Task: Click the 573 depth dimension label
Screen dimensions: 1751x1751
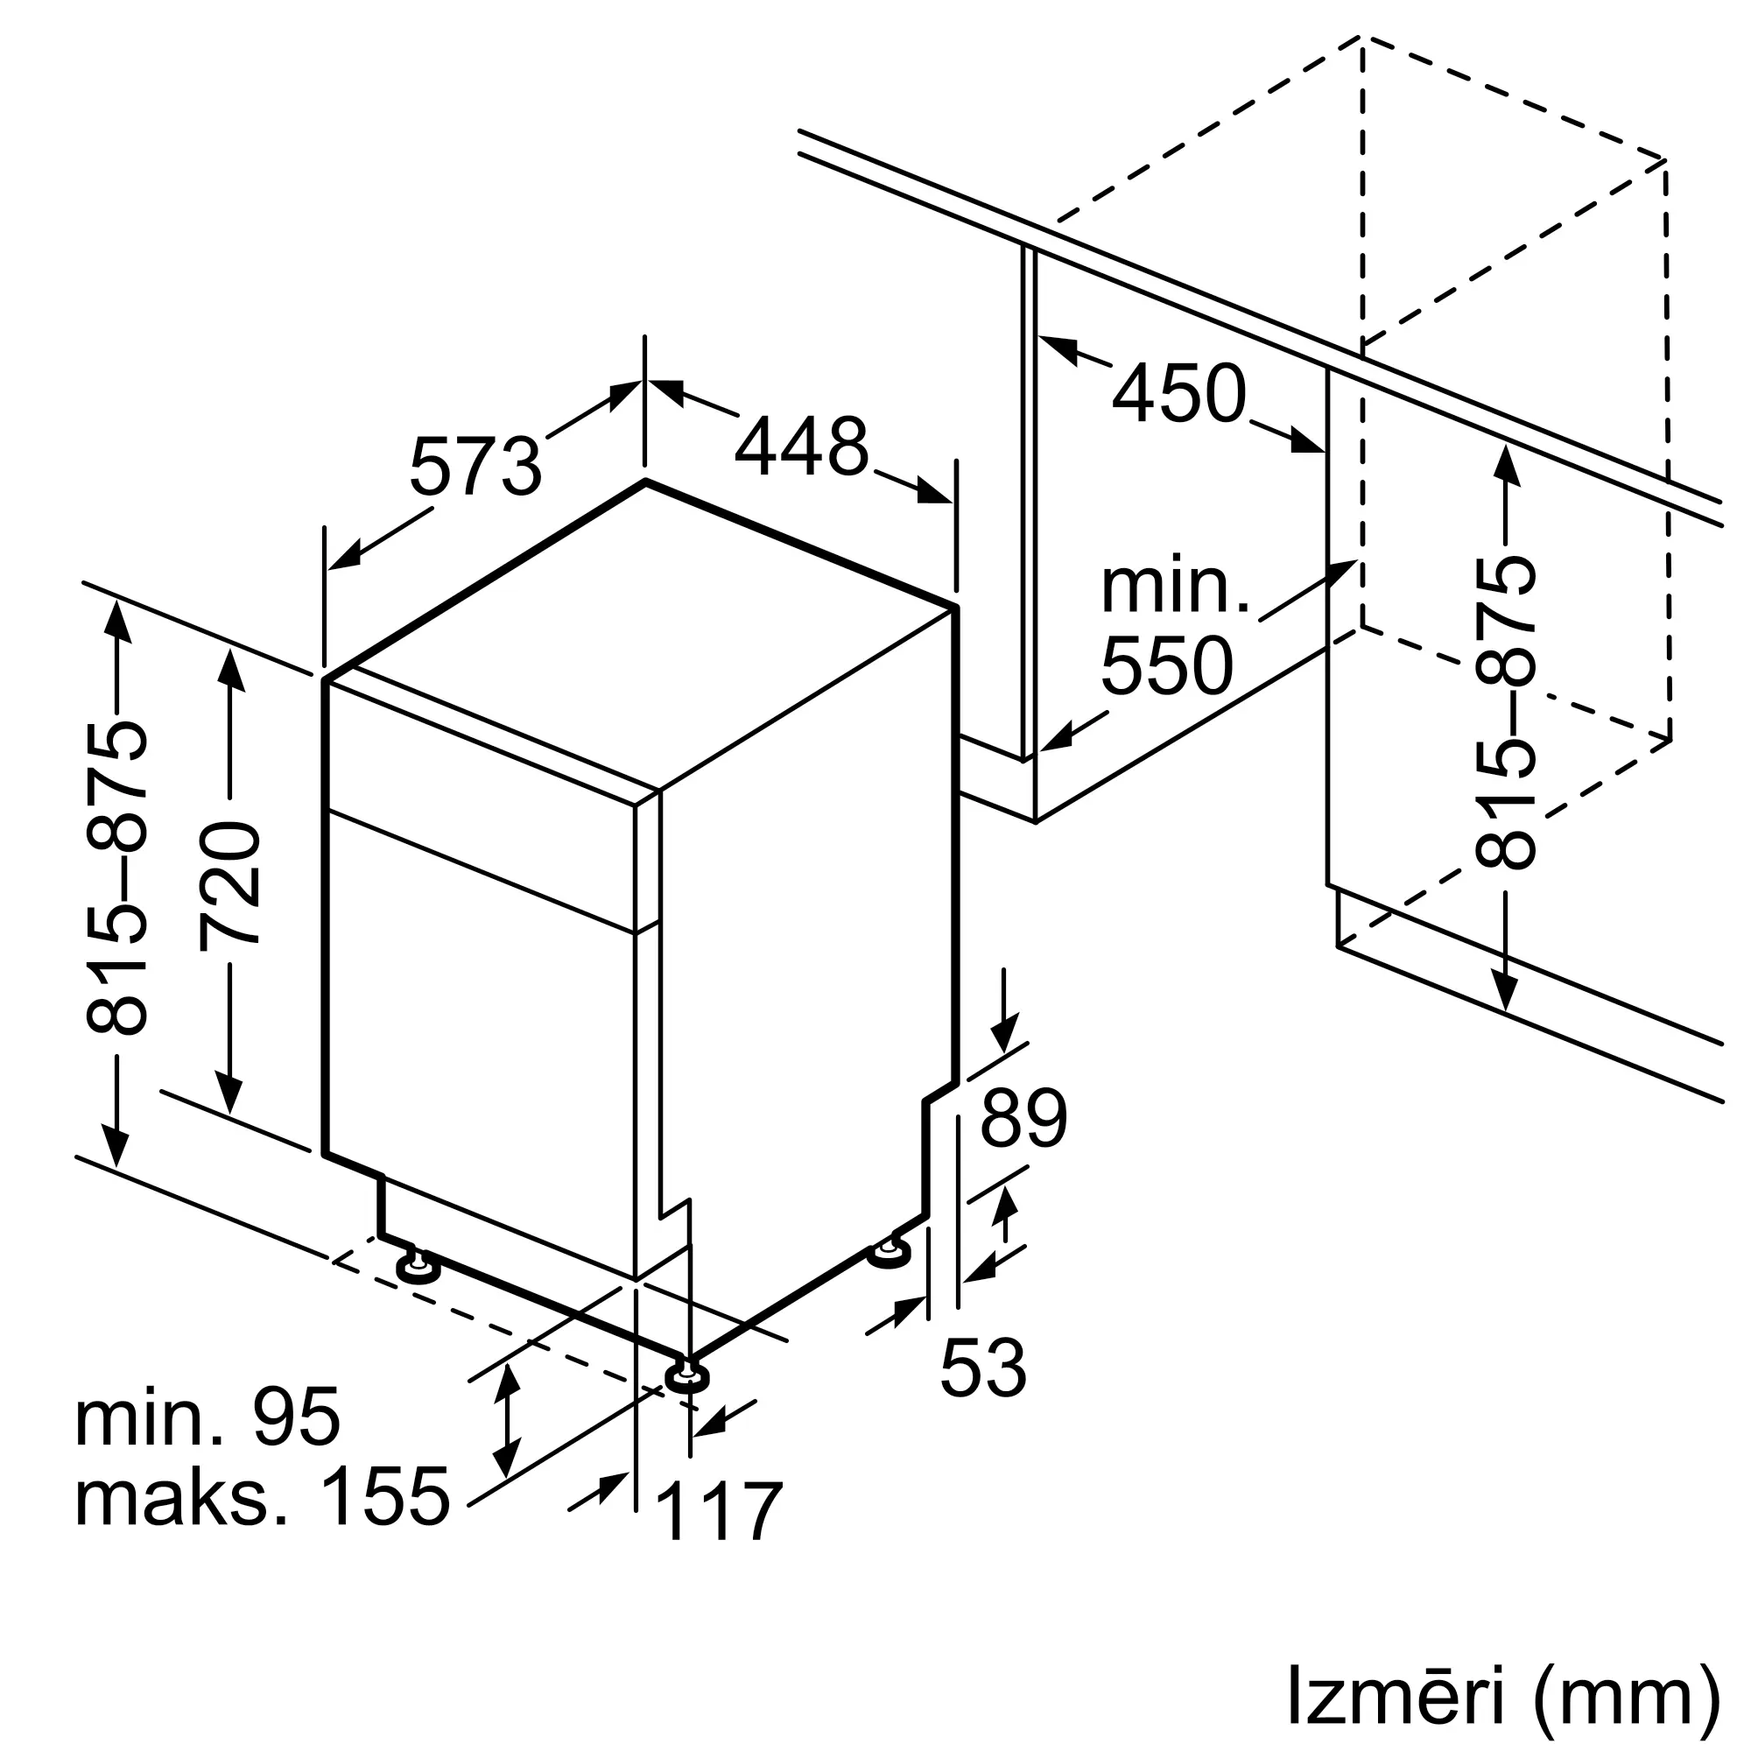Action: coord(475,466)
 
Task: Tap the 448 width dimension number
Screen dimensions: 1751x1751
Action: coord(802,446)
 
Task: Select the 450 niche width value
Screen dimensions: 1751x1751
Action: coord(1179,392)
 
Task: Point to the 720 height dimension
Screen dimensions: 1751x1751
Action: coord(230,884)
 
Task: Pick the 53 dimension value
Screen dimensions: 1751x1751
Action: coord(983,1368)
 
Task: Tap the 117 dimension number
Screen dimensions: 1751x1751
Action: coord(718,1511)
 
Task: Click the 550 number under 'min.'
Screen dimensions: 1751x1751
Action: coord(1167,666)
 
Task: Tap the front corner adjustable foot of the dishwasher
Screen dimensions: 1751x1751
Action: coord(687,1377)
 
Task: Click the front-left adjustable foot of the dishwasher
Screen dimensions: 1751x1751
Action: coord(418,1266)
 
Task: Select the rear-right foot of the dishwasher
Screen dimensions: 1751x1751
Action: coord(890,1254)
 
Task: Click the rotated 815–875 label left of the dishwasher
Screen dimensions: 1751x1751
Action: coord(116,878)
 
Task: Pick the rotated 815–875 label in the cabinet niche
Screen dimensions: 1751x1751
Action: coord(1505,714)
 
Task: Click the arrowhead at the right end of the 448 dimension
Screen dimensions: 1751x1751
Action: coord(934,491)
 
